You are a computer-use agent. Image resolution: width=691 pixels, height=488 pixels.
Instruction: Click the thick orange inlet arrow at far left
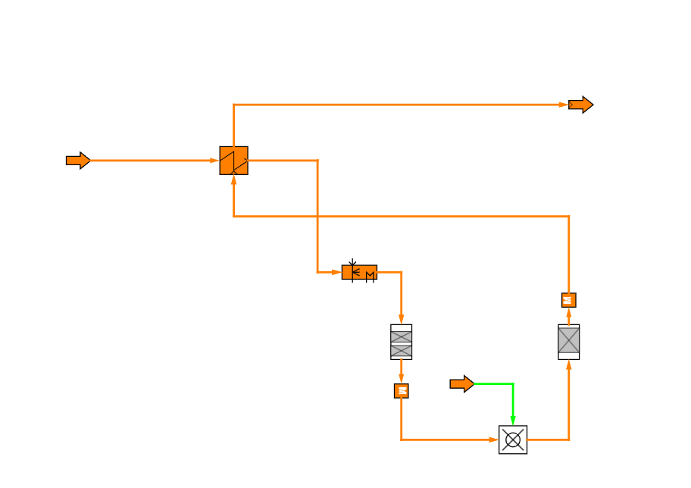[x=77, y=160]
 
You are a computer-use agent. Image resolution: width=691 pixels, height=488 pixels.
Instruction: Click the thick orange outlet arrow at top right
[x=580, y=105]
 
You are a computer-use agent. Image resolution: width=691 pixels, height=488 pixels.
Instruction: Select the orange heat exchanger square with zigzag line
[x=233, y=161]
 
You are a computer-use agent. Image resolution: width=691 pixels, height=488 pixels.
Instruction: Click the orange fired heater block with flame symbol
[x=359, y=272]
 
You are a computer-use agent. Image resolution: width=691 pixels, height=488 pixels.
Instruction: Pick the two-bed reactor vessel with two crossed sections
[x=401, y=342]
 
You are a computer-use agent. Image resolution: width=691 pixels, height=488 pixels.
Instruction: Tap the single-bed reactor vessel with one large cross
[x=568, y=342]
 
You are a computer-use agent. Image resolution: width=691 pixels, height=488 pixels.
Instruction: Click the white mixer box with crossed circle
[x=513, y=440]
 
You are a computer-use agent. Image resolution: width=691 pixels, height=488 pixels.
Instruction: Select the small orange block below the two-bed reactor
[x=401, y=391]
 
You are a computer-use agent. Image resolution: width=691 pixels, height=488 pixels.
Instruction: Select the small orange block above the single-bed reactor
[x=568, y=300]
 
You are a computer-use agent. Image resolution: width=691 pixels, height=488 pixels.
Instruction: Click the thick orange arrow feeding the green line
[x=461, y=384]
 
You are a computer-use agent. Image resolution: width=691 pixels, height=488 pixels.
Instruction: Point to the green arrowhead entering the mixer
[x=513, y=421]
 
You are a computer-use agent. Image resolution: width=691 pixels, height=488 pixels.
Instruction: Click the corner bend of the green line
[x=513, y=384]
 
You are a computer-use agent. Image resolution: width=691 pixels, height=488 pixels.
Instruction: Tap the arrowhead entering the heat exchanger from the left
[x=214, y=161]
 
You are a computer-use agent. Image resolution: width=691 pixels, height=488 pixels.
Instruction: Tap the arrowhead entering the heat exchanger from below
[x=233, y=180]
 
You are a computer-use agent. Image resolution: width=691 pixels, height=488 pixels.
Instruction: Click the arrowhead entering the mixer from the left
[x=493, y=440]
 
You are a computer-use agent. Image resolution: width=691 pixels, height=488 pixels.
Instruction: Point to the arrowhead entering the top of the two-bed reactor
[x=401, y=320]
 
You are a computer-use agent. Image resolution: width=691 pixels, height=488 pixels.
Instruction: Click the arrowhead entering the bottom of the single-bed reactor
[x=568, y=365]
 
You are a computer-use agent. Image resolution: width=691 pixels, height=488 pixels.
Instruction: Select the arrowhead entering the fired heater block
[x=336, y=272]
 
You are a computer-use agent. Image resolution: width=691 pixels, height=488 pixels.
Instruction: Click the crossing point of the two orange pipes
[x=317, y=216]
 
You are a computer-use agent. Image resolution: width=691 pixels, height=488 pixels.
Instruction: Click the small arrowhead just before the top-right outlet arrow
[x=563, y=105]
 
